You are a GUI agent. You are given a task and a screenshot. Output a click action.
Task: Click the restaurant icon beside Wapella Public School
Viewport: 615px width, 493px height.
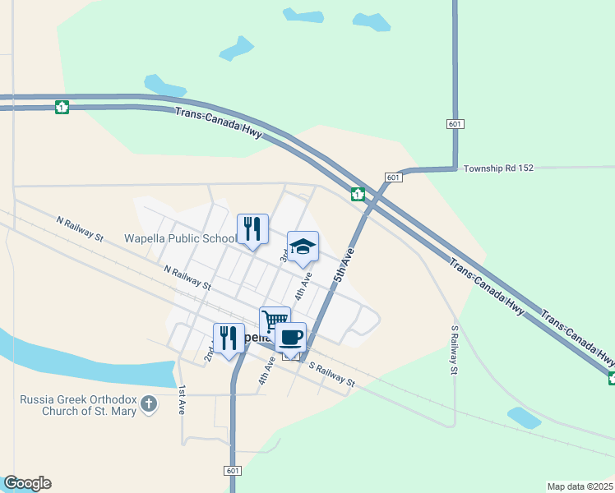(x=252, y=229)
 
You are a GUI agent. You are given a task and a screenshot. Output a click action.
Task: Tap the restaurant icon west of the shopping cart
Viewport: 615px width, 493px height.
(x=229, y=338)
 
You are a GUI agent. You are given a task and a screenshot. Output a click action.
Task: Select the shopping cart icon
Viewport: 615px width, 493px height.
(x=275, y=321)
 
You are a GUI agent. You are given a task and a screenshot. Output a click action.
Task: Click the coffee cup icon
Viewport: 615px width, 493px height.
(x=290, y=336)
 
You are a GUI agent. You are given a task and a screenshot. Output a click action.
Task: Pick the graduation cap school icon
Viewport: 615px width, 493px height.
(x=303, y=246)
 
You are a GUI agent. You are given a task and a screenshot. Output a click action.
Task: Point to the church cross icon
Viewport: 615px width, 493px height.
(x=148, y=404)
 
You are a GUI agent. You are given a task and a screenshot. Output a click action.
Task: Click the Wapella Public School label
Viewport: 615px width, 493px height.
(x=179, y=239)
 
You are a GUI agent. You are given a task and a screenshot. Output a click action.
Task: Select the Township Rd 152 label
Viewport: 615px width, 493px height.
(x=498, y=168)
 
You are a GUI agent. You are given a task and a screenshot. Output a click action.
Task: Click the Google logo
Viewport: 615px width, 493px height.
(x=27, y=483)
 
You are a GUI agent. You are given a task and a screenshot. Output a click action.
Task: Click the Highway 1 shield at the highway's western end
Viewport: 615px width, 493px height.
(x=62, y=107)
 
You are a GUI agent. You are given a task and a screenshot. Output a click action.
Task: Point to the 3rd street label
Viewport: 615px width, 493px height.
(x=284, y=256)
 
